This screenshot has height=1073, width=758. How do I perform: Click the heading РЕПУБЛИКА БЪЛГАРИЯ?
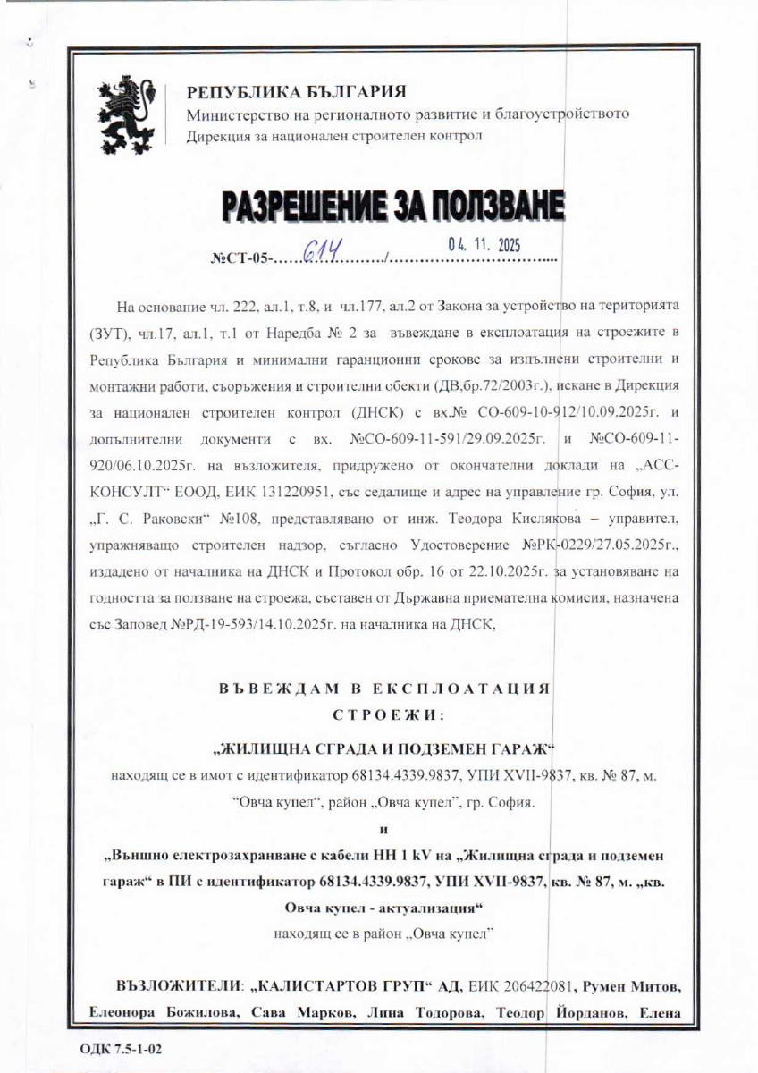click(x=296, y=91)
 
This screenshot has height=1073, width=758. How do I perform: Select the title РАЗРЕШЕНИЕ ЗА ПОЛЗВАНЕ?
click(x=394, y=206)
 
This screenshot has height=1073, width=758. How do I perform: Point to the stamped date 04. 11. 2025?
click(x=483, y=243)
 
